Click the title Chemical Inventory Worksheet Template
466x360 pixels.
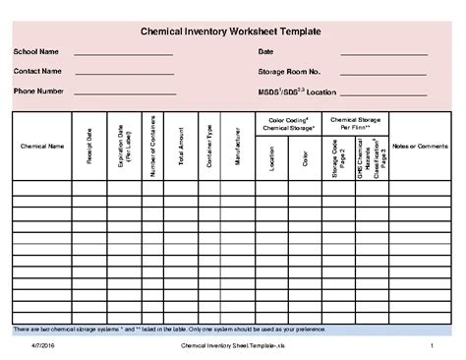click(232, 32)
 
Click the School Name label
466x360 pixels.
click(35, 51)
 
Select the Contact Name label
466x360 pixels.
click(37, 71)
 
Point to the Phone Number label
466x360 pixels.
click(38, 90)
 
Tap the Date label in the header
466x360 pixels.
click(265, 51)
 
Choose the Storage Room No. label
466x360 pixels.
click(290, 71)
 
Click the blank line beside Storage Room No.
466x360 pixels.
click(384, 75)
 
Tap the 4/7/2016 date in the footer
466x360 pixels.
click(42, 348)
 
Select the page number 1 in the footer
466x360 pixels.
click(433, 348)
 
